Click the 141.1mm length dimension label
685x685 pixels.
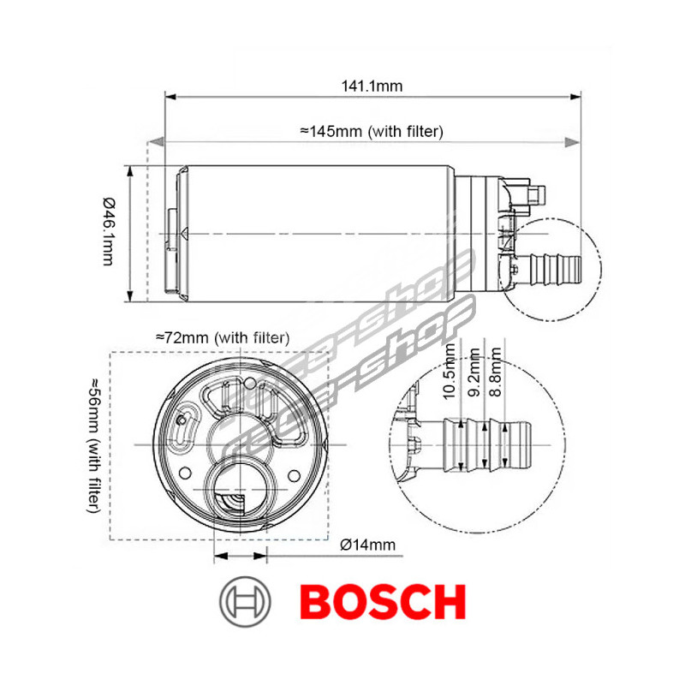(x=372, y=86)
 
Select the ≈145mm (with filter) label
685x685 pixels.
(x=371, y=131)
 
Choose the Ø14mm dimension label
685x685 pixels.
(x=367, y=544)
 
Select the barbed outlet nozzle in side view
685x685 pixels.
(x=552, y=267)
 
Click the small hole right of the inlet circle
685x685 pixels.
(x=294, y=474)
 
